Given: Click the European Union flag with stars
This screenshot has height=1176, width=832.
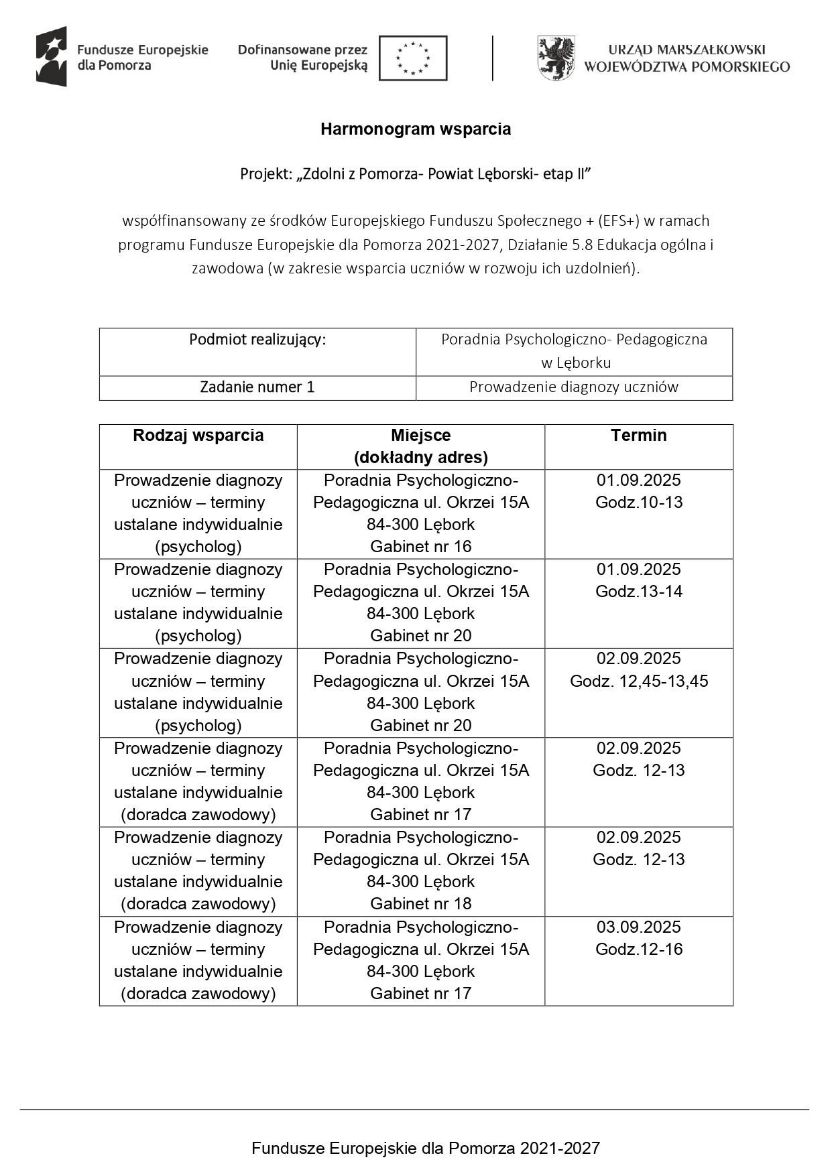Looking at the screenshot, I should tap(413, 58).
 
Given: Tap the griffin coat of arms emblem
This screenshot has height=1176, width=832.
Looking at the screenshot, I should tap(556, 58).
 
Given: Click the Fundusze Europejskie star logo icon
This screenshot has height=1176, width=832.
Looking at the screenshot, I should tap(52, 57).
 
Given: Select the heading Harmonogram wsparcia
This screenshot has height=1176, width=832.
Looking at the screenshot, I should tap(416, 129).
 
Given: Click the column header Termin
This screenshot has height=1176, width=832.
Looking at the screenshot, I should tap(638, 436).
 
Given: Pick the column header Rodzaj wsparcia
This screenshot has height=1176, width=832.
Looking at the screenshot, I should tap(198, 436).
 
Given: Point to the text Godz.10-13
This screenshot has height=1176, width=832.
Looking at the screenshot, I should tap(638, 503).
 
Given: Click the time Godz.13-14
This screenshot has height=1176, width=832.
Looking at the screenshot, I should tap(638, 592).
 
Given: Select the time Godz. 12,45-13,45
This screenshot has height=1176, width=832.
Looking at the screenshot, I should tap(638, 681).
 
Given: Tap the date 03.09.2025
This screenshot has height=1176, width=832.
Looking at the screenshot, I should tap(638, 927).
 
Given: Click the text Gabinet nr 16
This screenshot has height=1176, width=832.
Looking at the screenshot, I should tap(421, 547).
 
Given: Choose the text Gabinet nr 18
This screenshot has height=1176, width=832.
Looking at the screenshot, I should tap(421, 904).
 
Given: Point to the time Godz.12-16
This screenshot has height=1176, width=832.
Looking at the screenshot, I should tap(638, 950).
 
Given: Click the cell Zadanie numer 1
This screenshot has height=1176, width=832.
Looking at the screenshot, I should tap(257, 387).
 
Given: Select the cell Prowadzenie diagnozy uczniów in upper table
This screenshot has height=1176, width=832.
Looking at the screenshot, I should tap(574, 387).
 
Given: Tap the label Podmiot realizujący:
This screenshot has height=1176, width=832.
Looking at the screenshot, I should tap(257, 340).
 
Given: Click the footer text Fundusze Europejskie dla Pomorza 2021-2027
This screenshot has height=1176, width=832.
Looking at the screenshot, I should tap(426, 1149).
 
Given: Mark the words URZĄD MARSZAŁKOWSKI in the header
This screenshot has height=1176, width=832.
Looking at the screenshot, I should tap(687, 50).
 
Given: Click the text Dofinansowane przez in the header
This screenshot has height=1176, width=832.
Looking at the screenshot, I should tap(302, 50).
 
